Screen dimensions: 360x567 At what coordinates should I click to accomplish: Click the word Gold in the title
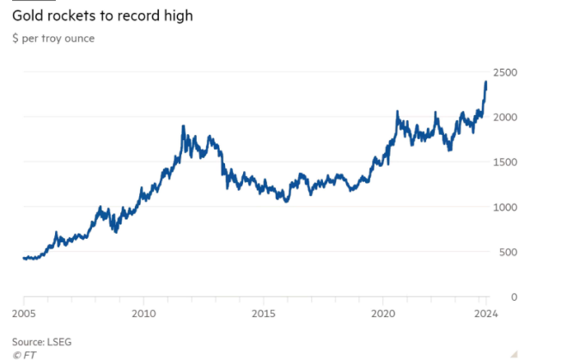pyautogui.click(x=28, y=16)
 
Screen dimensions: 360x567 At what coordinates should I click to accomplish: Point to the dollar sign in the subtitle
pyautogui.click(x=15, y=38)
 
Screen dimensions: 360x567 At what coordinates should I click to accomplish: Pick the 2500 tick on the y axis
pyautogui.click(x=505, y=72)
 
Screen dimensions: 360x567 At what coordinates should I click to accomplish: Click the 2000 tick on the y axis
pyautogui.click(x=505, y=117)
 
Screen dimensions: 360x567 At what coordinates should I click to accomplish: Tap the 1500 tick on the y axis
pyautogui.click(x=505, y=162)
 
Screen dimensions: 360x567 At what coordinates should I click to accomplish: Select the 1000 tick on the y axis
pyautogui.click(x=505, y=207)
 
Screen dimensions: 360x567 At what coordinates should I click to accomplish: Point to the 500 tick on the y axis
pyautogui.click(x=508, y=252)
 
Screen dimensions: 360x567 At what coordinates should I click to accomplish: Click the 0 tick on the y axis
pyautogui.click(x=514, y=296)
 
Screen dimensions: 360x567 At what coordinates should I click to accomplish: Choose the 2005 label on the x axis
pyautogui.click(x=23, y=314)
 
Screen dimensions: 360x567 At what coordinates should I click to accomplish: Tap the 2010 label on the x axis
pyautogui.click(x=143, y=314)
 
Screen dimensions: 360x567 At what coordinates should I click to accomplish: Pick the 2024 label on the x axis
pyautogui.click(x=485, y=314)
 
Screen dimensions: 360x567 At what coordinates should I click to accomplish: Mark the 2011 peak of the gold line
pyautogui.click(x=183, y=126)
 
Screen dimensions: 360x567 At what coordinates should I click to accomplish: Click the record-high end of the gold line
pyautogui.click(x=486, y=82)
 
